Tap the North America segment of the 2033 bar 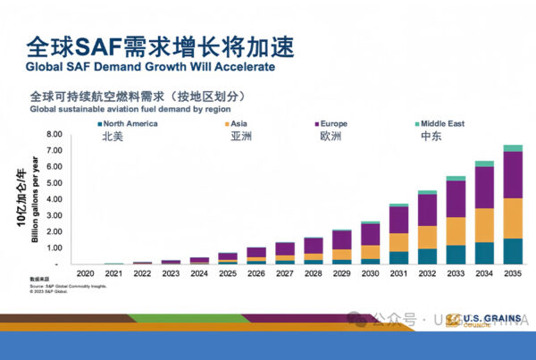click(x=456, y=255)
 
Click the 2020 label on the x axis click(x=85, y=273)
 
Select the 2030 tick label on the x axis click(x=346, y=273)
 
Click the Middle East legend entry click(x=444, y=123)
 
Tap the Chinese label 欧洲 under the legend click(x=331, y=138)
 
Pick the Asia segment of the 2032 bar click(x=428, y=237)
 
